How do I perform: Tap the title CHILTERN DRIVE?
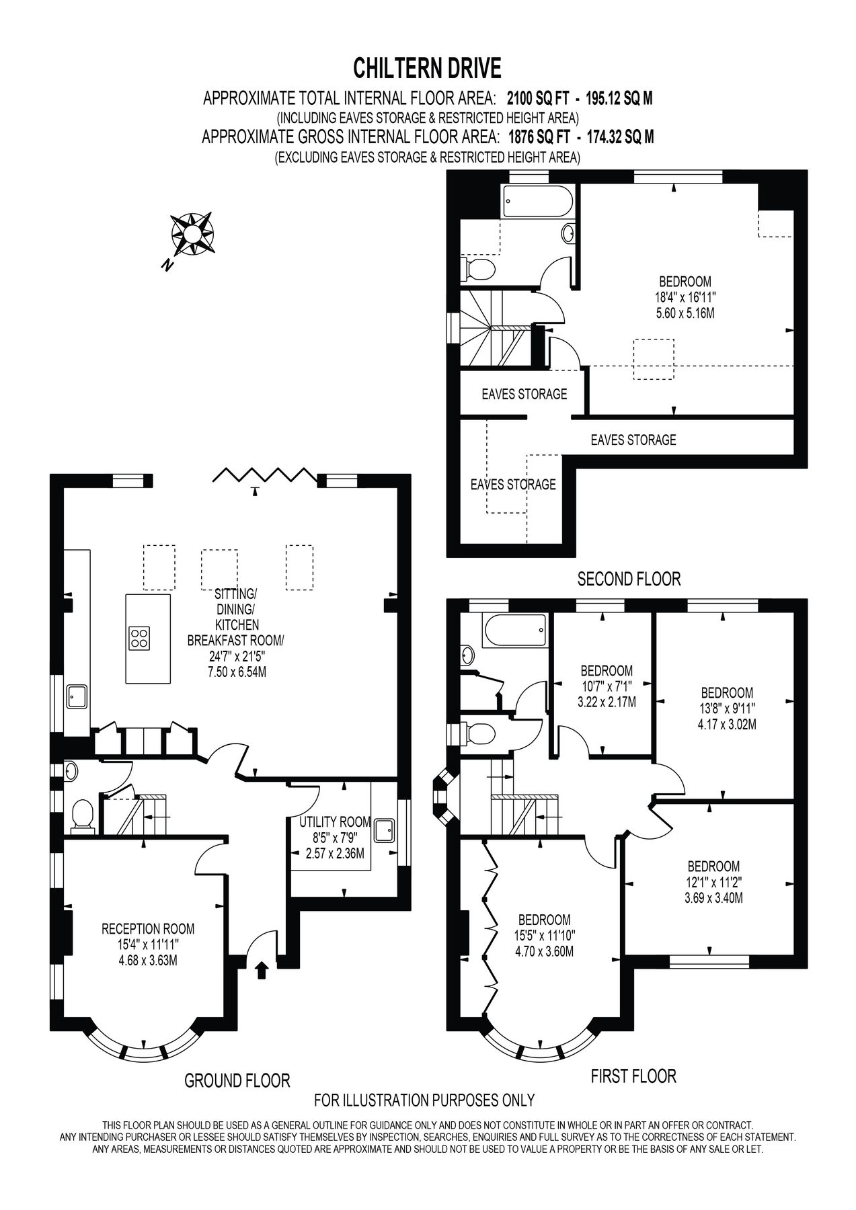tap(428, 68)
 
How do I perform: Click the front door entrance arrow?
tap(262, 969)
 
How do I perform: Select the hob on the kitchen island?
tap(139, 637)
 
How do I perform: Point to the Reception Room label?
tap(148, 929)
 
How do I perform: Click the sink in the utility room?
tap(384, 830)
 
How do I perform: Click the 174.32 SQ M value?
tap(620, 137)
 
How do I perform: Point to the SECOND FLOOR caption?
tap(629, 578)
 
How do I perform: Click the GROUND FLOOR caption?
tap(237, 1080)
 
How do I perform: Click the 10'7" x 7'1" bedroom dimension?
tap(607, 686)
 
